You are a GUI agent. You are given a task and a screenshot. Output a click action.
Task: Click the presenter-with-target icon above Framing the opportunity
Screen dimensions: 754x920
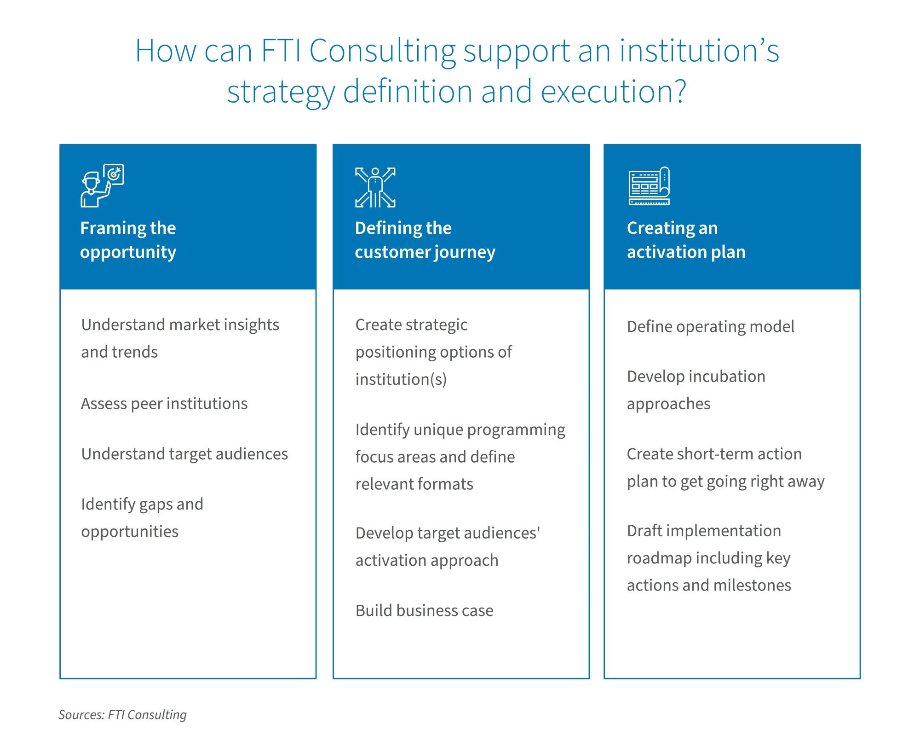[x=102, y=186]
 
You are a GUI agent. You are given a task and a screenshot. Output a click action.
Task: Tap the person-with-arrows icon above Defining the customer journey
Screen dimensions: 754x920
[x=375, y=187]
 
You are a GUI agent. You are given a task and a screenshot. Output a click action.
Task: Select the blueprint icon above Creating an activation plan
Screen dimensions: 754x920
[x=649, y=186]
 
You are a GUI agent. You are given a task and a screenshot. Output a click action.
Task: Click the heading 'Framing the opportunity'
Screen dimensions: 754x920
[x=128, y=240]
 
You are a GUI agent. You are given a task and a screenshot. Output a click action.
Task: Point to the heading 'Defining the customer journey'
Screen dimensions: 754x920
[x=425, y=240]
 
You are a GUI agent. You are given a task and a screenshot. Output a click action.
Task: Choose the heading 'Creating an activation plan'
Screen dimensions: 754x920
[x=685, y=240]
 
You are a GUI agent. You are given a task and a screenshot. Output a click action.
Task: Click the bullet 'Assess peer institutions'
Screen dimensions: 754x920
[x=164, y=404]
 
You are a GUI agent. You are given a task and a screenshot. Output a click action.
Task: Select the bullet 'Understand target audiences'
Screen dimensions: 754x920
[x=184, y=454]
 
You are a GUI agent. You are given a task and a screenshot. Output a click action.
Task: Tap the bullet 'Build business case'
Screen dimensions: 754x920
[x=424, y=610]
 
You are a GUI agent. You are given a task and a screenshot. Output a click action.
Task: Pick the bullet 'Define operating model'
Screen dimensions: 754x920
[x=710, y=326]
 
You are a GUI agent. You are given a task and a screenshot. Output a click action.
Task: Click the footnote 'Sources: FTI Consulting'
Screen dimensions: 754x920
[x=122, y=714]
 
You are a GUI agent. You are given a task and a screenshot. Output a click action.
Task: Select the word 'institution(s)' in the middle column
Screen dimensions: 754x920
[x=401, y=379]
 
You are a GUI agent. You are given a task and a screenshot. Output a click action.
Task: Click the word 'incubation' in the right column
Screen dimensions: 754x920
[x=727, y=377]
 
